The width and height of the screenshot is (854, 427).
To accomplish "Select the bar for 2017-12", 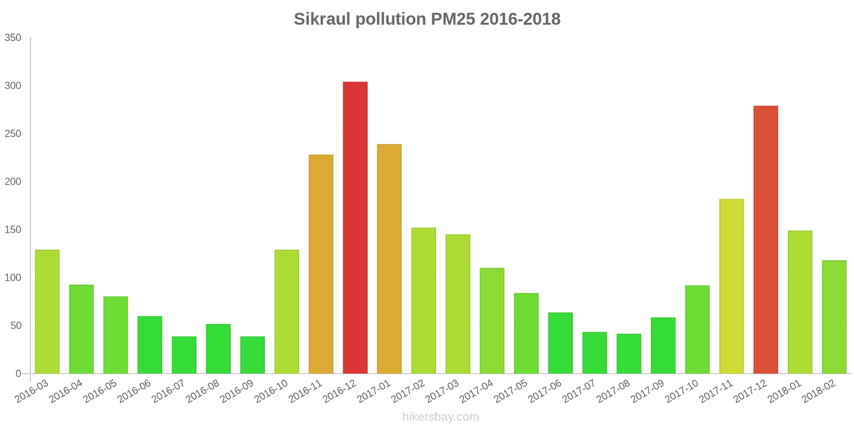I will [765, 240].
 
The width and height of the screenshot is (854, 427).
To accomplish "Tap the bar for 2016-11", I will [321, 264].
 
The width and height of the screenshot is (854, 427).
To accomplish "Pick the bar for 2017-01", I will [389, 259].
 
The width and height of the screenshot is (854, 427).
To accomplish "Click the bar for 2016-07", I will [184, 355].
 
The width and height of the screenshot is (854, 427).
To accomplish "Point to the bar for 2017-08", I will [629, 354].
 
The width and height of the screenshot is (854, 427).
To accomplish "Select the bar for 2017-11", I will [731, 286].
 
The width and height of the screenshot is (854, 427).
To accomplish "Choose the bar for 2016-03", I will [47, 312].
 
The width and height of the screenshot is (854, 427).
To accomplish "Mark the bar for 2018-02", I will [834, 317].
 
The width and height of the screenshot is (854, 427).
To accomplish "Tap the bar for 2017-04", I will [492, 321].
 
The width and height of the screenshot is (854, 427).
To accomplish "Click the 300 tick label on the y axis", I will [13, 86].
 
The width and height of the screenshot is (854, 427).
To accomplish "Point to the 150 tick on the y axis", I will [13, 230].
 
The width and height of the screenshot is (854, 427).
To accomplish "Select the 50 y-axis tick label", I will [15, 326].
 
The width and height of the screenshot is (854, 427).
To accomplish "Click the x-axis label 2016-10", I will [271, 391].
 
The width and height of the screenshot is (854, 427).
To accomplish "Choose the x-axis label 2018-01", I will [784, 391].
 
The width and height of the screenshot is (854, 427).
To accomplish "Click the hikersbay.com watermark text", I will [440, 417].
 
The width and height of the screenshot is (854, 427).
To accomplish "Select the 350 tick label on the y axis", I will [13, 38].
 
